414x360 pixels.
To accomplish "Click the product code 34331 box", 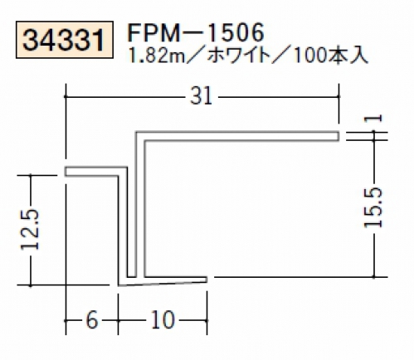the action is click(x=65, y=40).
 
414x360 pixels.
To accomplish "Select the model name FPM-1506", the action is click(x=196, y=32).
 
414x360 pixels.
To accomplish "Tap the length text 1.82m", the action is click(x=155, y=56).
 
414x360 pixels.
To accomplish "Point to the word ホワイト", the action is click(x=238, y=56).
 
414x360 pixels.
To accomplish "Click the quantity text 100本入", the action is click(x=330, y=56).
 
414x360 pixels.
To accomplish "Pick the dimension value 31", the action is click(x=201, y=96).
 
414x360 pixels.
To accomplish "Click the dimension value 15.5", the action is click(x=373, y=207).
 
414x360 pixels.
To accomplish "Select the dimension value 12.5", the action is click(x=30, y=230).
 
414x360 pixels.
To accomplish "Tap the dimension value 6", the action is click(x=92, y=320).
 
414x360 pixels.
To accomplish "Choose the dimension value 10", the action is click(x=163, y=320).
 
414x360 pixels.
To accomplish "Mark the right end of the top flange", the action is click(x=339, y=136).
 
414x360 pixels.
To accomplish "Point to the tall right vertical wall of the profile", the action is click(x=140, y=206).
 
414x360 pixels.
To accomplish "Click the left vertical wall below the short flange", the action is click(x=123, y=226).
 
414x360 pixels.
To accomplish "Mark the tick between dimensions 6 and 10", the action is click(x=119, y=320).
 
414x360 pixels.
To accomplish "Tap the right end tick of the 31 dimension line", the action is click(x=339, y=96).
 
